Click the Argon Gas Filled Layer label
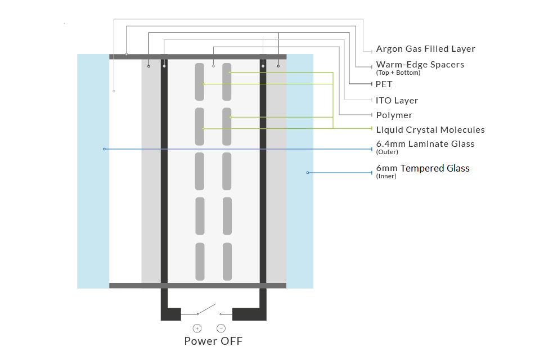pos(425,49)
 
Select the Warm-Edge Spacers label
pos(420,65)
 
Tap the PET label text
pos(384,84)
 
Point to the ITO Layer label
pos(397,101)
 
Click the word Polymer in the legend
pos(394,115)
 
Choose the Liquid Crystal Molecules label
pos(430,130)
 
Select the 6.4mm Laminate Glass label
pos(425,144)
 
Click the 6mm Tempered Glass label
pos(422,168)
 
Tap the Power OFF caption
pos(213,341)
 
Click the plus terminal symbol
pos(197,328)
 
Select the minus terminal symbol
pos(221,328)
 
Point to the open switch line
pos(206,309)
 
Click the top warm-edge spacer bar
pos(197,56)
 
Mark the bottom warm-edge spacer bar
pos(197,286)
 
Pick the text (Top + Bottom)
pos(398,73)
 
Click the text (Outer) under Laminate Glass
pos(386,152)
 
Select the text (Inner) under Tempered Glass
pos(386,176)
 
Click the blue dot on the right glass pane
pos(308,172)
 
